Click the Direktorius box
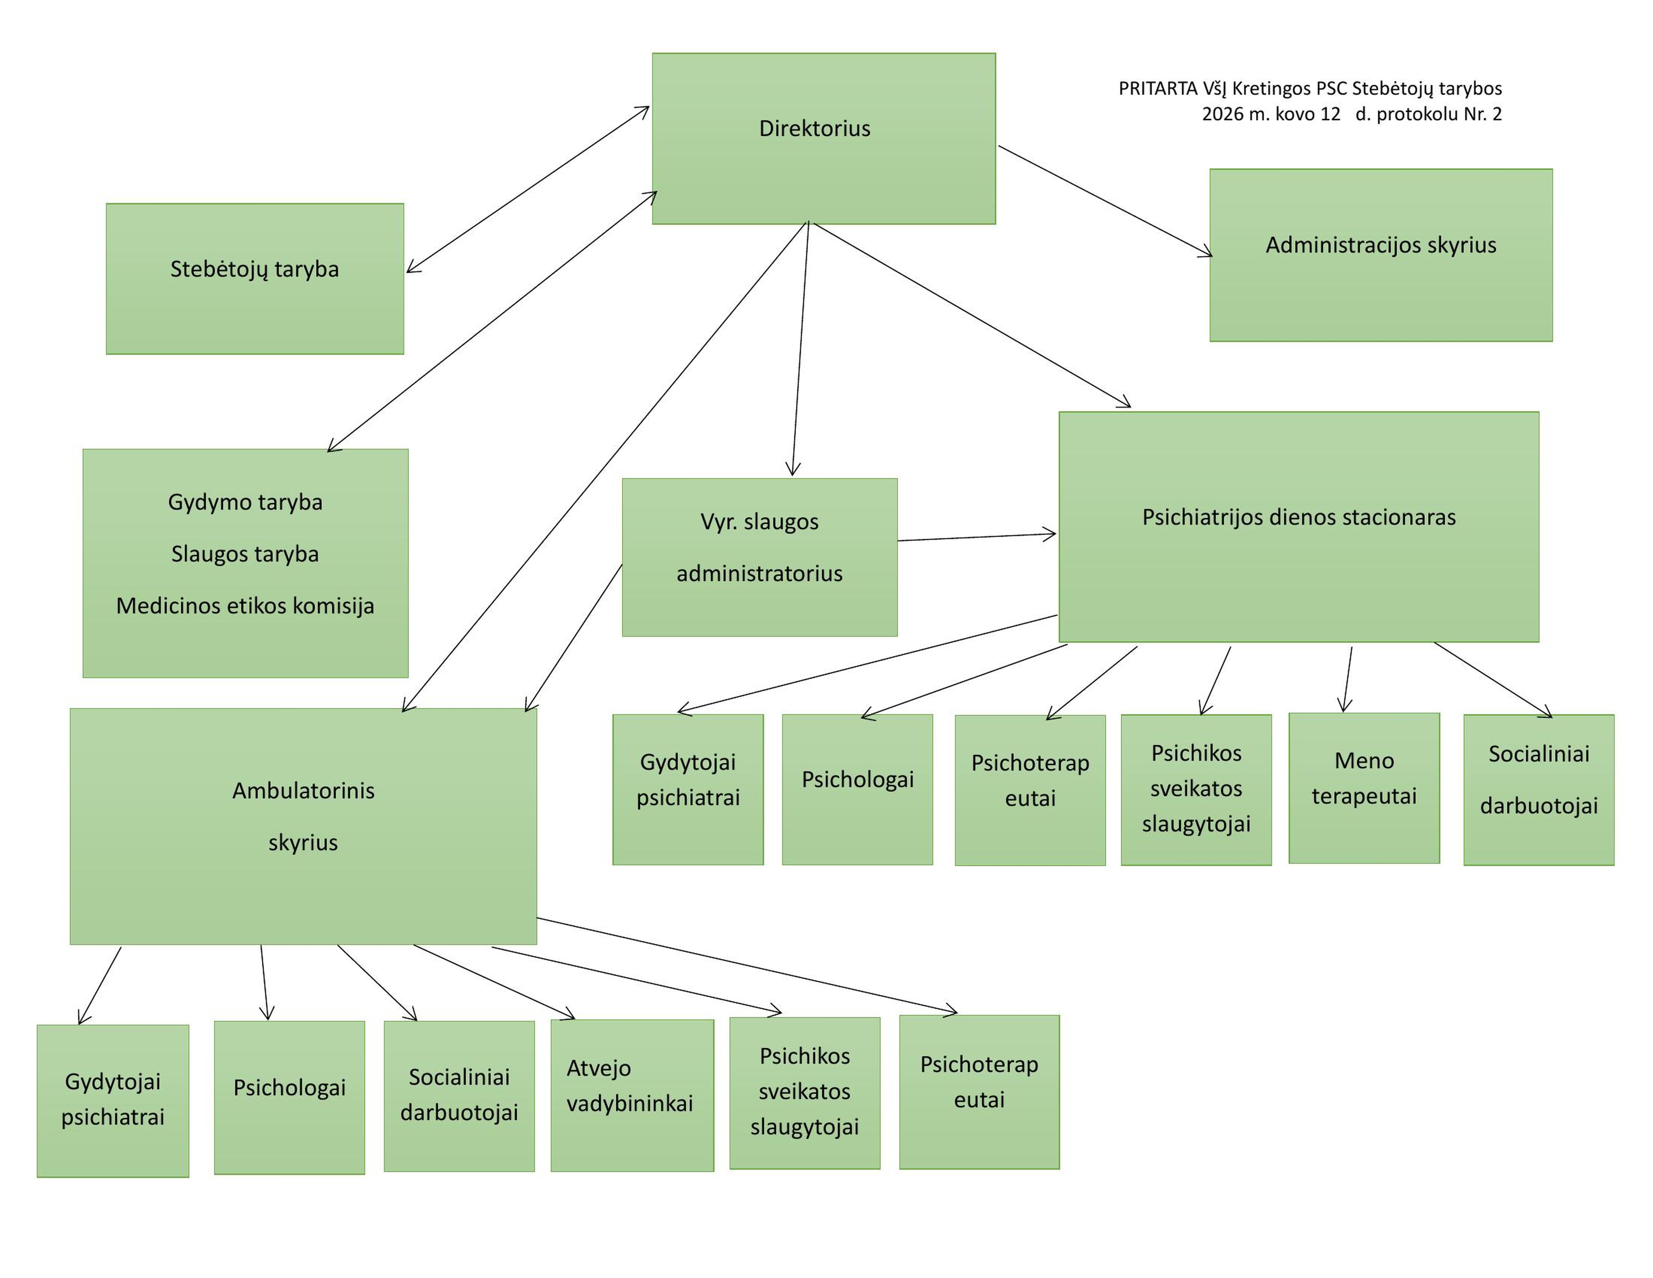(823, 139)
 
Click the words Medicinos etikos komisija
(245, 606)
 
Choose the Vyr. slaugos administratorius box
(760, 557)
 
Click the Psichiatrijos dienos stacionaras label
(1299, 517)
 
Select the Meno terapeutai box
(1364, 788)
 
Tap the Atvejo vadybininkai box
(632, 1096)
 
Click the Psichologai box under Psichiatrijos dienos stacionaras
(858, 790)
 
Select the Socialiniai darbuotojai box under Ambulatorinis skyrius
(459, 1096)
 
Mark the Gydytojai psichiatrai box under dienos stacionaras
(688, 790)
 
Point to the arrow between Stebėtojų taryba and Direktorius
(527, 189)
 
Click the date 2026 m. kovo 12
(1272, 114)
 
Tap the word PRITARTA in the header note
(1158, 89)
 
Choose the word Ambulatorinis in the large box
(304, 790)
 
